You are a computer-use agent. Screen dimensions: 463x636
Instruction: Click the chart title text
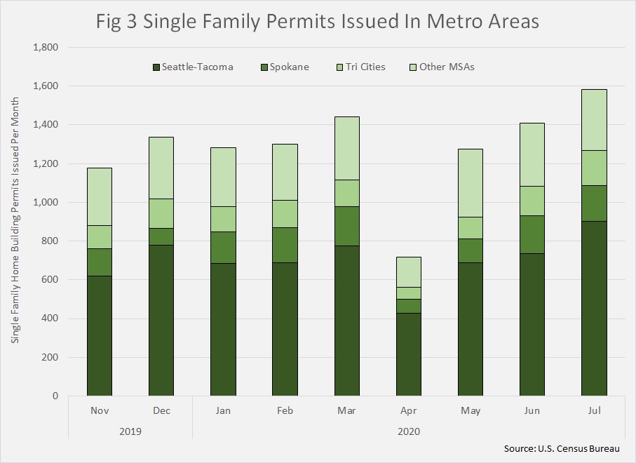pos(318,22)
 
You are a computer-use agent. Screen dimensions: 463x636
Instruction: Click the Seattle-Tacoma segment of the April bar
pos(409,354)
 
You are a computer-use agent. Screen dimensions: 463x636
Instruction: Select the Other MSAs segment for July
pos(594,120)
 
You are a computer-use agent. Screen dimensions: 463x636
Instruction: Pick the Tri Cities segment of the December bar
pos(161,213)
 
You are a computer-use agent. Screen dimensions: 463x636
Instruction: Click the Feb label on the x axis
pos(285,410)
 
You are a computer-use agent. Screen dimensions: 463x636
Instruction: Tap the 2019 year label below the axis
pos(130,431)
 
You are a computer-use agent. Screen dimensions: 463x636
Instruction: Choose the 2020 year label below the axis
pos(409,431)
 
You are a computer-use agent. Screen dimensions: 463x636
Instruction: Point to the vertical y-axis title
pos(15,220)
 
